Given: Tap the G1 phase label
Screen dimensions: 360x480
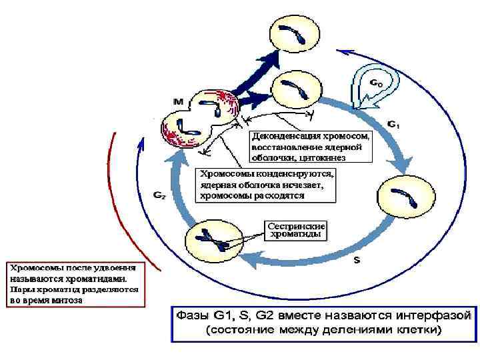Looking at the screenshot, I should point(394,124).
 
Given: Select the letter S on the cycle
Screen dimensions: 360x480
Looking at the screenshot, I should point(357,261).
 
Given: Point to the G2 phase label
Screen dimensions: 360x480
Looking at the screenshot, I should point(160,195).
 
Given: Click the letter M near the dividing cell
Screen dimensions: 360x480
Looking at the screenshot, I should point(178,102).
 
